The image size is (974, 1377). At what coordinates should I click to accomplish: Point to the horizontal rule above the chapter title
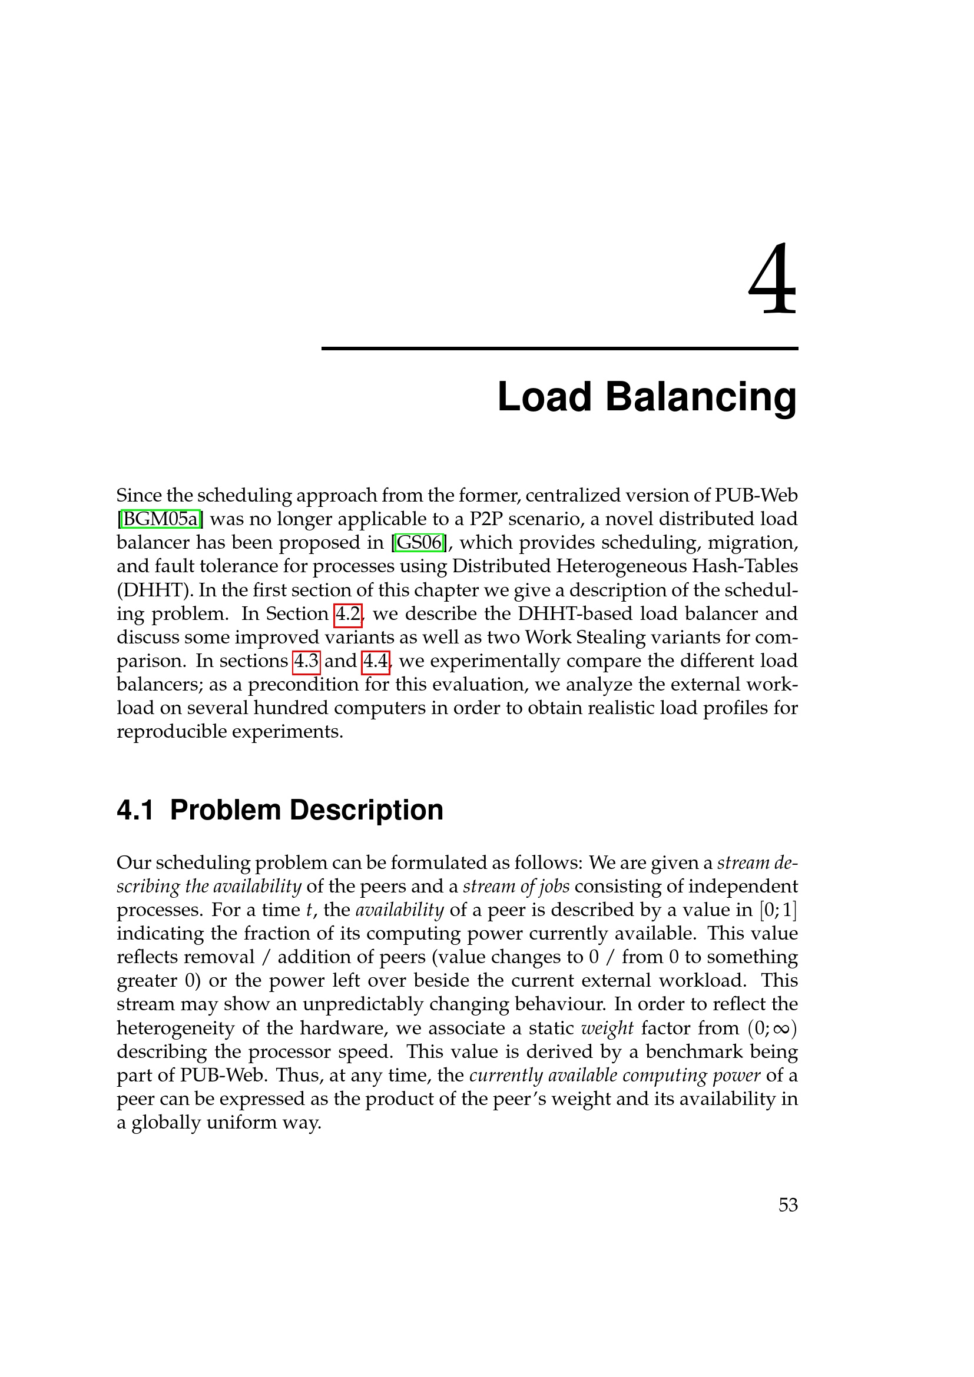tap(559, 349)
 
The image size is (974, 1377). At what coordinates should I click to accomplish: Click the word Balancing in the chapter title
tap(701, 397)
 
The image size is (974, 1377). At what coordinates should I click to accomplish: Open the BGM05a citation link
tap(160, 519)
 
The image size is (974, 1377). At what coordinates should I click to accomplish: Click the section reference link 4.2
tap(347, 614)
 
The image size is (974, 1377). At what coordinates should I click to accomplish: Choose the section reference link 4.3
tap(306, 661)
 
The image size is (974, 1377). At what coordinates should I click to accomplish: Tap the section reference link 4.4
tap(376, 661)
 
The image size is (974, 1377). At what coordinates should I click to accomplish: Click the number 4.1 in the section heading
tap(135, 810)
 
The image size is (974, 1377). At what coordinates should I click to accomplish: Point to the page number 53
tap(787, 1205)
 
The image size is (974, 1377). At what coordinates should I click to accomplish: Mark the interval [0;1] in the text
tap(778, 910)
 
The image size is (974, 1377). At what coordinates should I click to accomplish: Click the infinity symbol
tap(780, 1029)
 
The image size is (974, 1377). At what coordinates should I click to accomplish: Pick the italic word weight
tap(607, 1028)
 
